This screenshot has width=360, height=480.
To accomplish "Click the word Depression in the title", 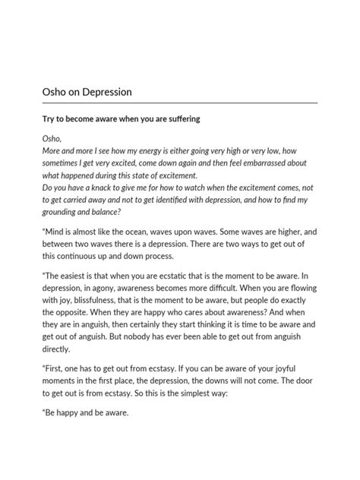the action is (105, 92).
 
